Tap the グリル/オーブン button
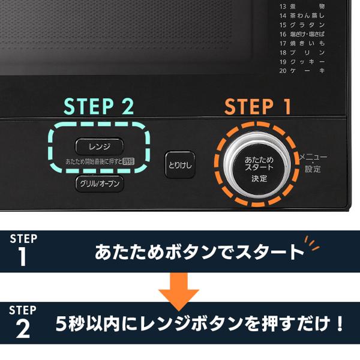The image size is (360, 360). [100, 183]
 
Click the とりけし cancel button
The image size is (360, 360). [181, 164]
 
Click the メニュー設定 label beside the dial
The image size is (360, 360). [313, 163]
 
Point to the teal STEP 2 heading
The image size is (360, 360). [99, 106]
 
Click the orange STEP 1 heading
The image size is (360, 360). [258, 107]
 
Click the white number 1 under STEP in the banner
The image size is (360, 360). [23, 257]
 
